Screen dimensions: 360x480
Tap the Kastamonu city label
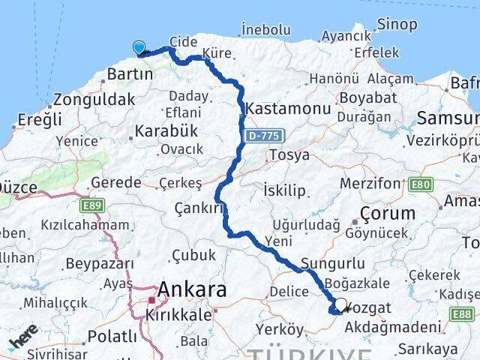(289, 109)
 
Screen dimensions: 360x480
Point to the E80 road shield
(420, 183)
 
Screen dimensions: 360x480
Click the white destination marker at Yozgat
(341, 305)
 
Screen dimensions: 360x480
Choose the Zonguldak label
(93, 99)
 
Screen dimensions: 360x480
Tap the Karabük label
(166, 130)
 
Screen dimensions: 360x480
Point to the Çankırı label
(199, 208)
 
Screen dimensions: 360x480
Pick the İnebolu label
(265, 30)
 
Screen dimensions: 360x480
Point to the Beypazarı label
(99, 264)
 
